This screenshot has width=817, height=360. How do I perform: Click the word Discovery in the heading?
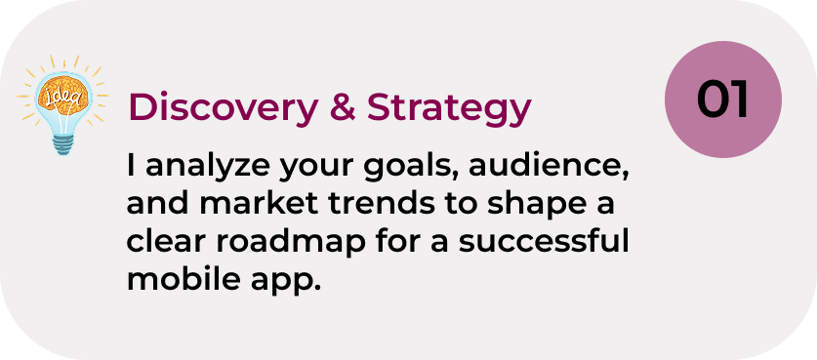223,108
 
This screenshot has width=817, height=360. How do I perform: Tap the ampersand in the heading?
343,107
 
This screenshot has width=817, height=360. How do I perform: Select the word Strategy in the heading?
449,109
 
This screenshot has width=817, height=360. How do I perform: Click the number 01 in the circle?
722,100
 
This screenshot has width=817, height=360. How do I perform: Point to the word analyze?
208,167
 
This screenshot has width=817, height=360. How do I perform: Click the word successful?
544,242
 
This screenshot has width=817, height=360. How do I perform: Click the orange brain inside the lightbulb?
62,95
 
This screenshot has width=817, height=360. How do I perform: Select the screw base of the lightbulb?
63,143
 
